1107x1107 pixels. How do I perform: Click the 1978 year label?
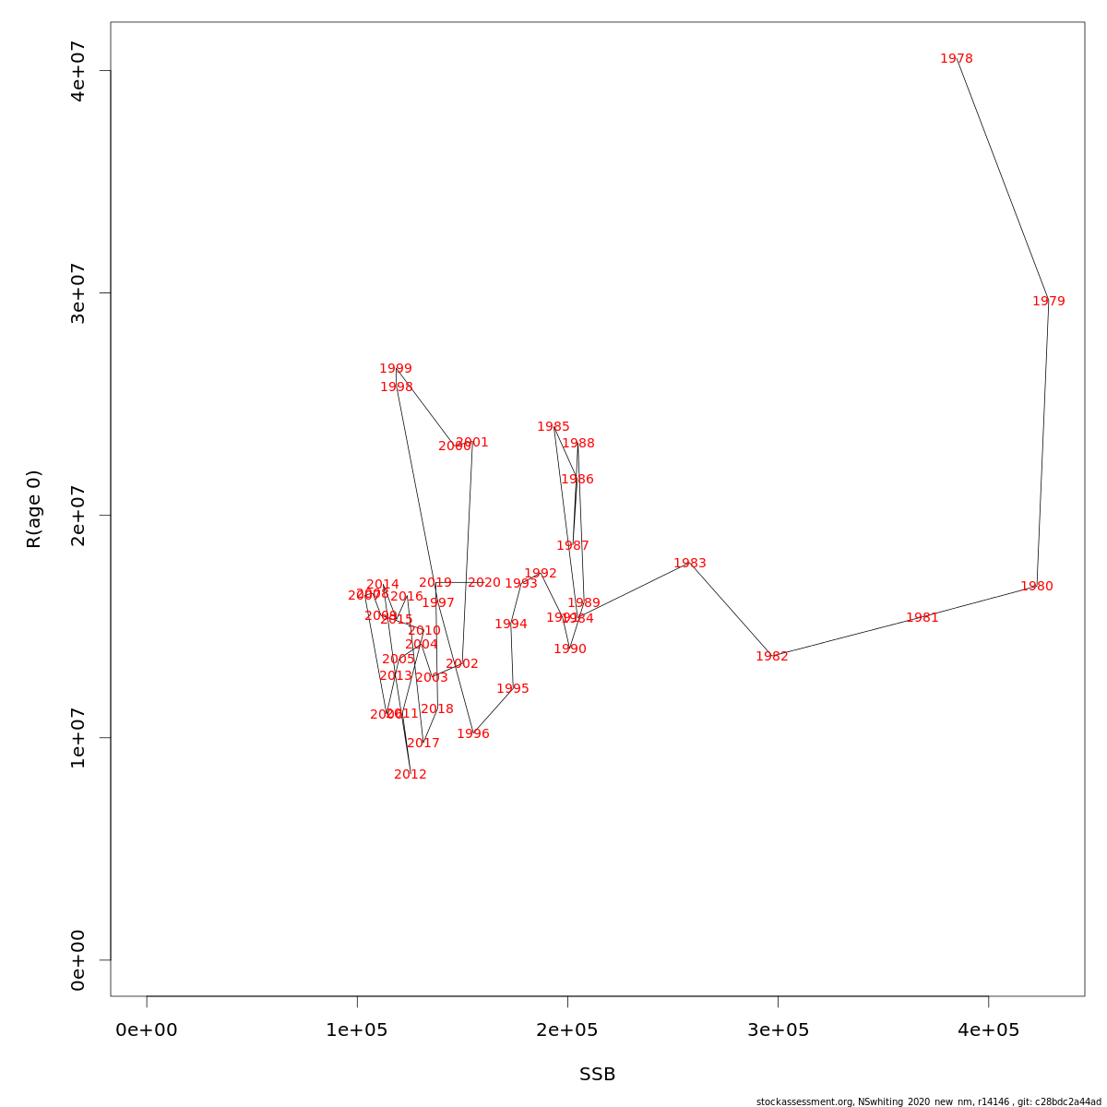tap(957, 59)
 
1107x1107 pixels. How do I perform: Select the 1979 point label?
tap(1048, 302)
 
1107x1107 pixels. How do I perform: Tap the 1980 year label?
tap(1036, 587)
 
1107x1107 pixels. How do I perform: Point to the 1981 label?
tap(922, 618)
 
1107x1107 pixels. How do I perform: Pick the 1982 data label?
tap(772, 657)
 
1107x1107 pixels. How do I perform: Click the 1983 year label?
tap(690, 564)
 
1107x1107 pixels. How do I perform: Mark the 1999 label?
tap(396, 369)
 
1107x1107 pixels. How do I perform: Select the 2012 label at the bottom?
tap(411, 775)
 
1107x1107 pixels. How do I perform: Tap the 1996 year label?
tap(473, 734)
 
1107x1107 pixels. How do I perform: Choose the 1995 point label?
tap(513, 689)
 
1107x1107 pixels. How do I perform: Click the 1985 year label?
tap(553, 427)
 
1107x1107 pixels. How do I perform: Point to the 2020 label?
tap(483, 583)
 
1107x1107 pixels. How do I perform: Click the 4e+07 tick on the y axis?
tap(78, 71)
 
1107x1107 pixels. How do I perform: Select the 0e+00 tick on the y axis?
tap(78, 959)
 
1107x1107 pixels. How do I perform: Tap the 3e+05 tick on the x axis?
tap(778, 1030)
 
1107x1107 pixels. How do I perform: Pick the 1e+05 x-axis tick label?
tap(357, 1030)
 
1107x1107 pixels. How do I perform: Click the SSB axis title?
tap(597, 1075)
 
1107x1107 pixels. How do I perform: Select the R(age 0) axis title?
tap(34, 509)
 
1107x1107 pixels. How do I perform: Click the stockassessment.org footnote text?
tap(928, 1101)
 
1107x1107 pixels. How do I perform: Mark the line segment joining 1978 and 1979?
tap(1003, 180)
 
